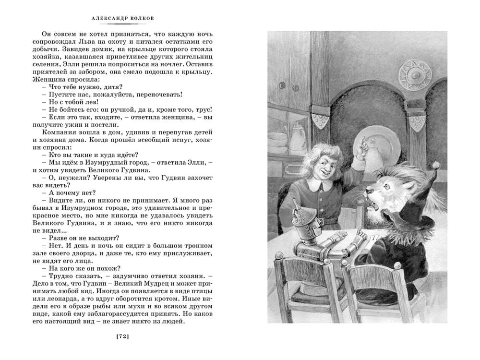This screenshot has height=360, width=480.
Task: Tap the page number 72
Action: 123,337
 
